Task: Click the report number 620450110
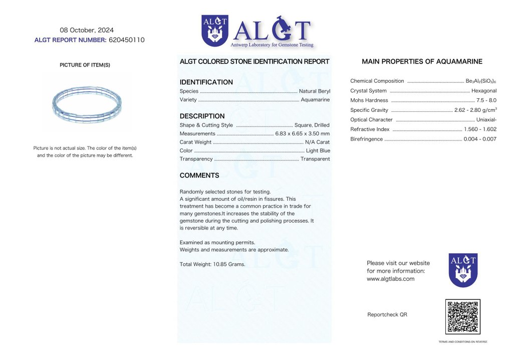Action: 126,40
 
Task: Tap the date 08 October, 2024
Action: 87,30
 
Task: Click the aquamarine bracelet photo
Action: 87,103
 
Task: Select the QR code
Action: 462,316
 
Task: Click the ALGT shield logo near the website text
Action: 462,270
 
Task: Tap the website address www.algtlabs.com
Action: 390,279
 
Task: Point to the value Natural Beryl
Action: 314,91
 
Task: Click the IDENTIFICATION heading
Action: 206,82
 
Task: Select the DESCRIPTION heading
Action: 202,116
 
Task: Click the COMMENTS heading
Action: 199,175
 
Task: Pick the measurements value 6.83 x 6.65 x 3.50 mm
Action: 302,133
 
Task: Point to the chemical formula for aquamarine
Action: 480,81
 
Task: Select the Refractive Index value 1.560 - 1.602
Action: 480,129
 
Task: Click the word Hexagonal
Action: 483,91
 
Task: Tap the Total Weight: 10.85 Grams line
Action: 212,264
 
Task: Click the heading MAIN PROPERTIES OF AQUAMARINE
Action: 422,62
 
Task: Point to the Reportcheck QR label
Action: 387,314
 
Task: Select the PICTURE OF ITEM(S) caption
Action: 85,65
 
